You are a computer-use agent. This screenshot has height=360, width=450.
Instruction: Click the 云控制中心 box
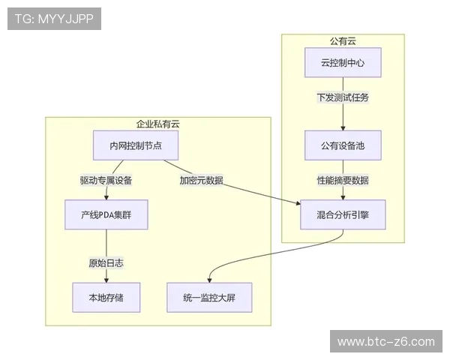pos(343,63)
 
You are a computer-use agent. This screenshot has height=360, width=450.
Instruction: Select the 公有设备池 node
pos(343,145)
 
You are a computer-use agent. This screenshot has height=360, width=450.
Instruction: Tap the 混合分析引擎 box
pos(343,214)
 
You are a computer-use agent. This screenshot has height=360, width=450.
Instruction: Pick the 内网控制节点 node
pos(135,145)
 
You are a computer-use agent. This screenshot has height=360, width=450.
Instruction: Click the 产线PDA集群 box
pos(106,214)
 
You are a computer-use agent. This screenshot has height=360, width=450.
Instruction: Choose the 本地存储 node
pos(106,297)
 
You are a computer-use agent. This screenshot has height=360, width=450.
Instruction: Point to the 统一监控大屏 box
pos(208,297)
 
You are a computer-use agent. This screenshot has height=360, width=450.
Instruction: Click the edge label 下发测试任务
pos(343,97)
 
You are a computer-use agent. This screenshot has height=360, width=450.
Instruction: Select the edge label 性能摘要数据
pos(343,181)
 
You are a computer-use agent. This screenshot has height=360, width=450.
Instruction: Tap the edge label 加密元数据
pos(201,181)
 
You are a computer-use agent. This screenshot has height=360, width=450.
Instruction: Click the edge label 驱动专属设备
pos(106,181)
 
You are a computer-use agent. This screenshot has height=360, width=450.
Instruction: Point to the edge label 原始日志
pos(106,263)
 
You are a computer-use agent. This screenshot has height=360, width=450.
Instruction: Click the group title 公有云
pos(343,41)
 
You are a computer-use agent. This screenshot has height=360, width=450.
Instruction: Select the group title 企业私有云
pos(157,124)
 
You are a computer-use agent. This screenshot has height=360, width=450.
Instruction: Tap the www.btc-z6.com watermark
pos(386,342)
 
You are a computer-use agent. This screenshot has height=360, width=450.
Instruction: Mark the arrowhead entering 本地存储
pos(106,279)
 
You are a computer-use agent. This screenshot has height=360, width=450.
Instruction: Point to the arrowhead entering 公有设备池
pos(343,128)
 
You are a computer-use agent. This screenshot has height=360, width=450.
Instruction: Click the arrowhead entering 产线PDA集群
pos(106,197)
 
